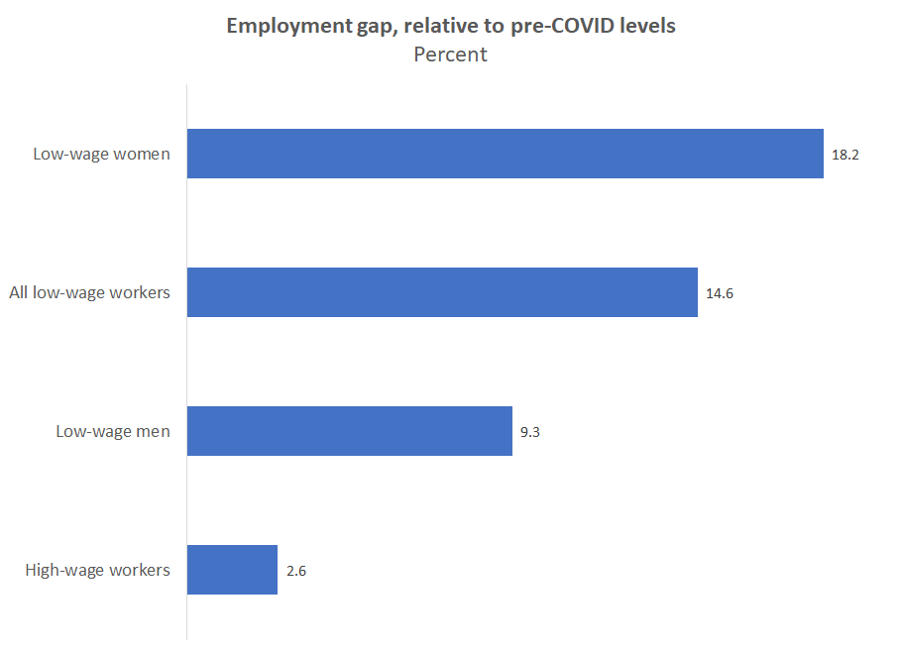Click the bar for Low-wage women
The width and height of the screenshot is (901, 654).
tap(506, 154)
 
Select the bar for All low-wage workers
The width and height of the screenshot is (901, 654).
tap(442, 292)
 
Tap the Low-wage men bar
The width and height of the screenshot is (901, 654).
tap(350, 431)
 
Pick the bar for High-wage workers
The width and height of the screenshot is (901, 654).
tap(232, 570)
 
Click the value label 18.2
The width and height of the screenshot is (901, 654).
tap(845, 155)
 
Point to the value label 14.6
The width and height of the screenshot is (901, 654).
tap(719, 293)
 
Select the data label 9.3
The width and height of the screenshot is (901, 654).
tap(530, 432)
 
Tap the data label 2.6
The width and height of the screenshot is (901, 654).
tap(295, 571)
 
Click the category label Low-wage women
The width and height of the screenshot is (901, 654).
tap(101, 154)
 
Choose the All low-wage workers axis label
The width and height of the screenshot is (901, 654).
tap(89, 292)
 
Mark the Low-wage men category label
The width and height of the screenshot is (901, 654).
tap(112, 431)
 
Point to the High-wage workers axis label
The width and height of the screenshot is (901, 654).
tap(97, 570)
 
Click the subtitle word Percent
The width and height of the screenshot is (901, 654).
tap(450, 54)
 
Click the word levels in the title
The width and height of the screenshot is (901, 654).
tap(648, 26)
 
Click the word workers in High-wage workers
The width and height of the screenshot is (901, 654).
tap(138, 570)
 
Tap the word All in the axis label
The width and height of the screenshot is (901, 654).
tap(19, 292)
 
